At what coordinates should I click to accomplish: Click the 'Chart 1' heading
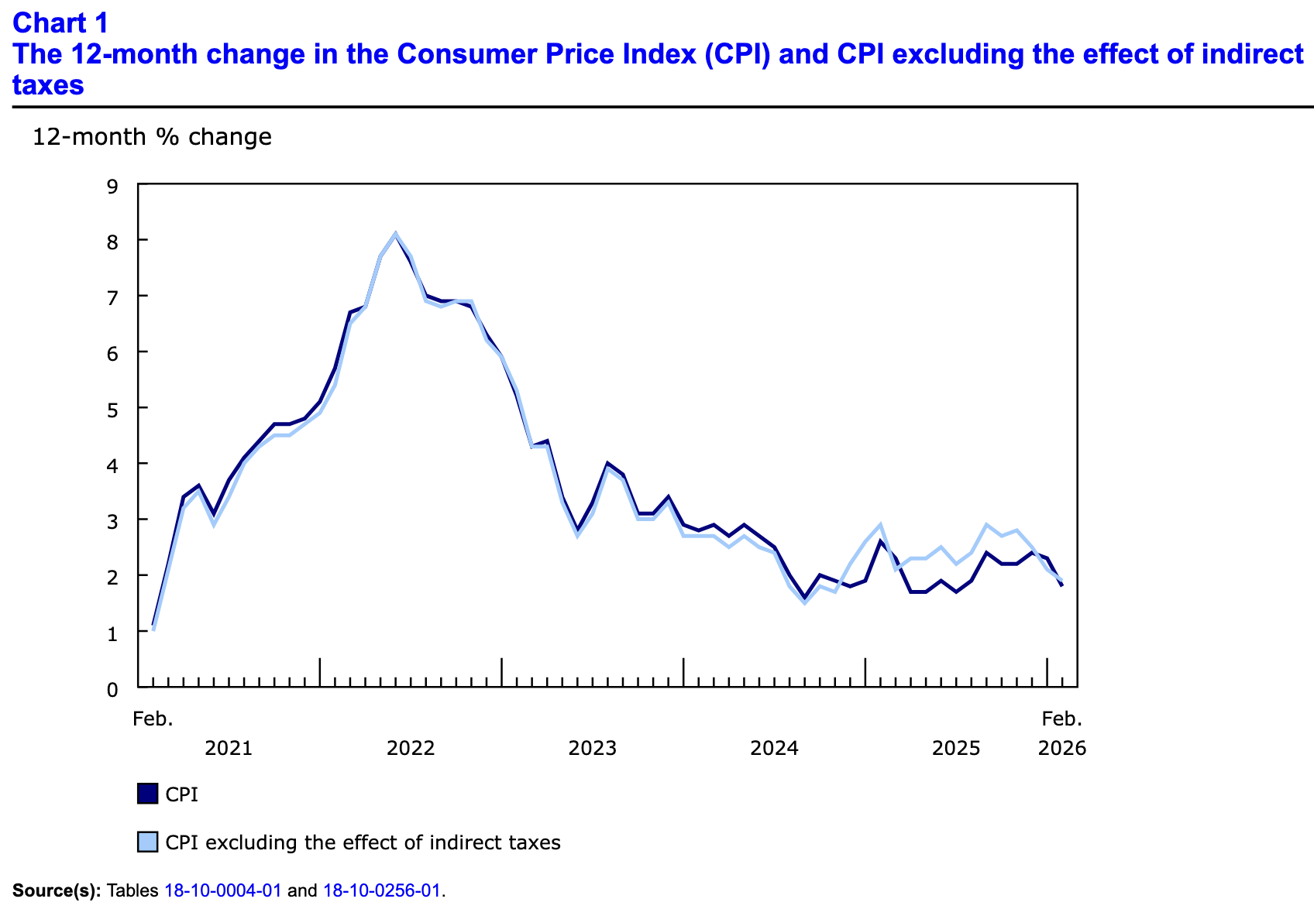click(60, 23)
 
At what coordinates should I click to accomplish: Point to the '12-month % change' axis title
click(152, 137)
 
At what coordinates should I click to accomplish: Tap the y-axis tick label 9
click(113, 186)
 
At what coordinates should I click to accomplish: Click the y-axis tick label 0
click(113, 688)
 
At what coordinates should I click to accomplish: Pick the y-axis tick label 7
click(113, 297)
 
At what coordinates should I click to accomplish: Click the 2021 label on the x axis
click(229, 748)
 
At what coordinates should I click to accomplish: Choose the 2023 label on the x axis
click(593, 748)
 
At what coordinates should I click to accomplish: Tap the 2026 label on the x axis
click(1061, 748)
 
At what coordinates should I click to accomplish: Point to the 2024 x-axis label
click(774, 748)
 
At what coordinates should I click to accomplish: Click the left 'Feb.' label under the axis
click(153, 719)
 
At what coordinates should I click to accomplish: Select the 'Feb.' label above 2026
click(1061, 719)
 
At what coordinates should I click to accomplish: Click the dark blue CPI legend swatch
click(147, 794)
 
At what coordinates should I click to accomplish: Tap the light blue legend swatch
click(147, 842)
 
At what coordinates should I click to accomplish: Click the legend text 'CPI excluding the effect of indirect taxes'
click(363, 842)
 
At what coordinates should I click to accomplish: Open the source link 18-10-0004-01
click(223, 890)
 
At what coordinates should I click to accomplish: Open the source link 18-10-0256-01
click(382, 890)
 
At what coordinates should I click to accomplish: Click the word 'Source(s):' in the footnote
click(57, 890)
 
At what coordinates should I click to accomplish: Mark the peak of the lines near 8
click(395, 234)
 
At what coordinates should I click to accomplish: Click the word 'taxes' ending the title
click(48, 85)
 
